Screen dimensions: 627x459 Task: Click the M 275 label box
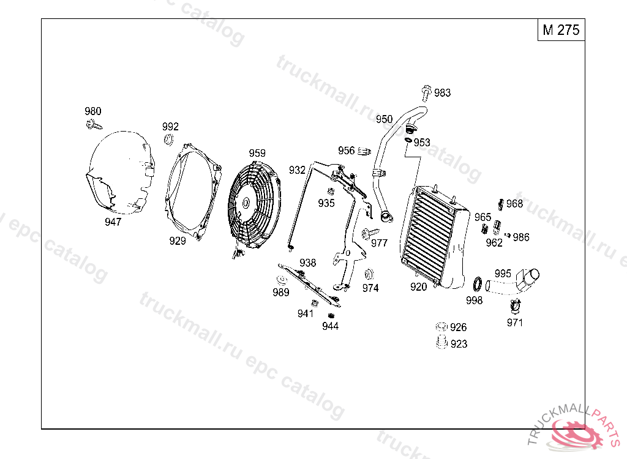click(561, 29)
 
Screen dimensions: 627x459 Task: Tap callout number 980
click(93, 111)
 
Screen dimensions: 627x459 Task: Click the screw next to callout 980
click(94, 125)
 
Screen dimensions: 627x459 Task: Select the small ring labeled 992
click(169, 140)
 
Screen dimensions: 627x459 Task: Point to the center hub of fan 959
click(246, 203)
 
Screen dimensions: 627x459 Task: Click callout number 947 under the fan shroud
click(113, 222)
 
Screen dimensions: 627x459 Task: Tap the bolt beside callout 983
click(426, 93)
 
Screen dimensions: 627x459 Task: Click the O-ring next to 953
click(408, 140)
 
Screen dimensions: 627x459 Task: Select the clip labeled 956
click(364, 151)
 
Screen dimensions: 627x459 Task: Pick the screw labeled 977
click(369, 233)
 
